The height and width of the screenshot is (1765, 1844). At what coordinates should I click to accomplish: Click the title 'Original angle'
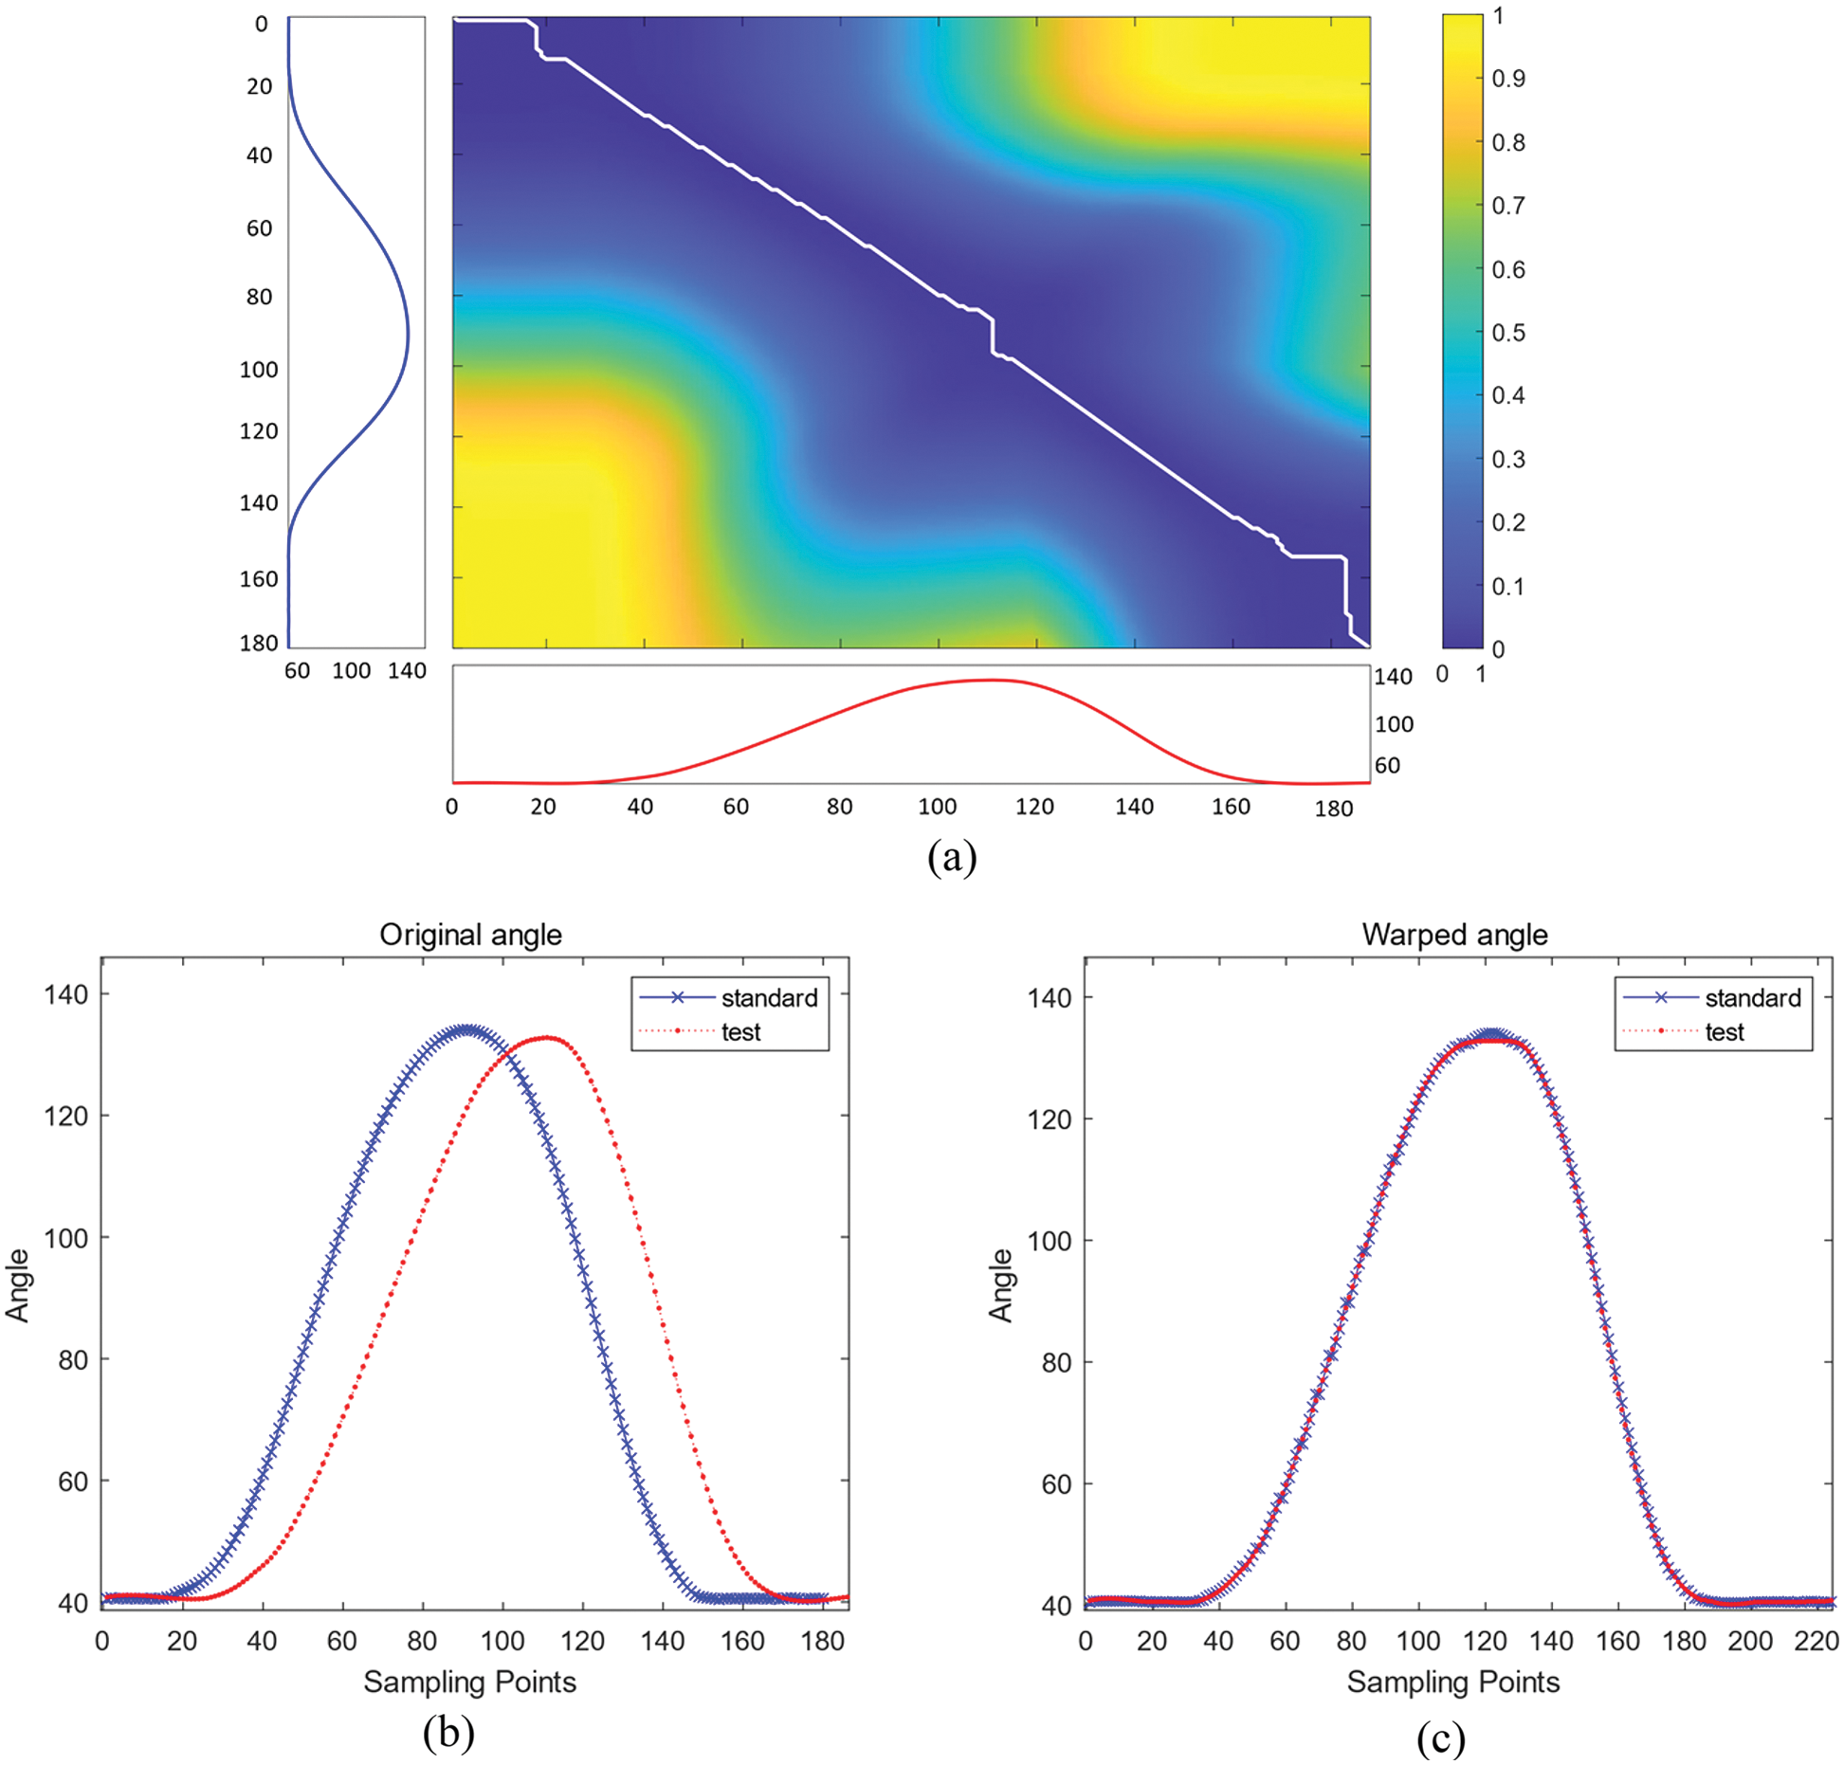(470, 935)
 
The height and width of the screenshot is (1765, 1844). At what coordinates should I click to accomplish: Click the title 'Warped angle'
(1454, 935)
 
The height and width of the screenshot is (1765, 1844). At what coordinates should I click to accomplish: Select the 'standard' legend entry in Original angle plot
(768, 998)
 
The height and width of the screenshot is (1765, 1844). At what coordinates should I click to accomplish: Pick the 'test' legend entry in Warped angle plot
(1724, 1032)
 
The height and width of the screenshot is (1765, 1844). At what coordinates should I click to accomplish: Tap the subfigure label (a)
(952, 857)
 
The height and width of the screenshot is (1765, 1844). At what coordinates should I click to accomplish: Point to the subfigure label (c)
(1441, 1737)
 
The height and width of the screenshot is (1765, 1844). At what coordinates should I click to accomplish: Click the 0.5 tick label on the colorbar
(1507, 333)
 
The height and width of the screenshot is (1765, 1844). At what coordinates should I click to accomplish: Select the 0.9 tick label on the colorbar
(1507, 79)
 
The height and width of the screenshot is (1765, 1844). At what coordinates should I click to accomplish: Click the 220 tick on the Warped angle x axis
(1816, 1641)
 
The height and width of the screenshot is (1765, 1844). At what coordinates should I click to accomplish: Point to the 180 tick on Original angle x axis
(822, 1641)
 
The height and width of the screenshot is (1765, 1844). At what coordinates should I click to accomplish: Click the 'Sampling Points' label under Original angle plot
(469, 1682)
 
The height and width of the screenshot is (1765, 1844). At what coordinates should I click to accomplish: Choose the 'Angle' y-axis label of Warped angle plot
(1001, 1284)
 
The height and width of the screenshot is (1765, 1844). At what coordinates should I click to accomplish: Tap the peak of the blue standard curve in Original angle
(466, 1030)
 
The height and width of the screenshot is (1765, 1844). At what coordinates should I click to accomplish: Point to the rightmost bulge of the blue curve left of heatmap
(408, 335)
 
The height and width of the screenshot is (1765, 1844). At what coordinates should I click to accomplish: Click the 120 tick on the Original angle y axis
(65, 1117)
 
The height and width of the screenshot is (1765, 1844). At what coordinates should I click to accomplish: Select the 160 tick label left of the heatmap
(258, 579)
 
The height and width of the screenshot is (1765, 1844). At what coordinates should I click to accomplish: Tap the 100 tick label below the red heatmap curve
(937, 807)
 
